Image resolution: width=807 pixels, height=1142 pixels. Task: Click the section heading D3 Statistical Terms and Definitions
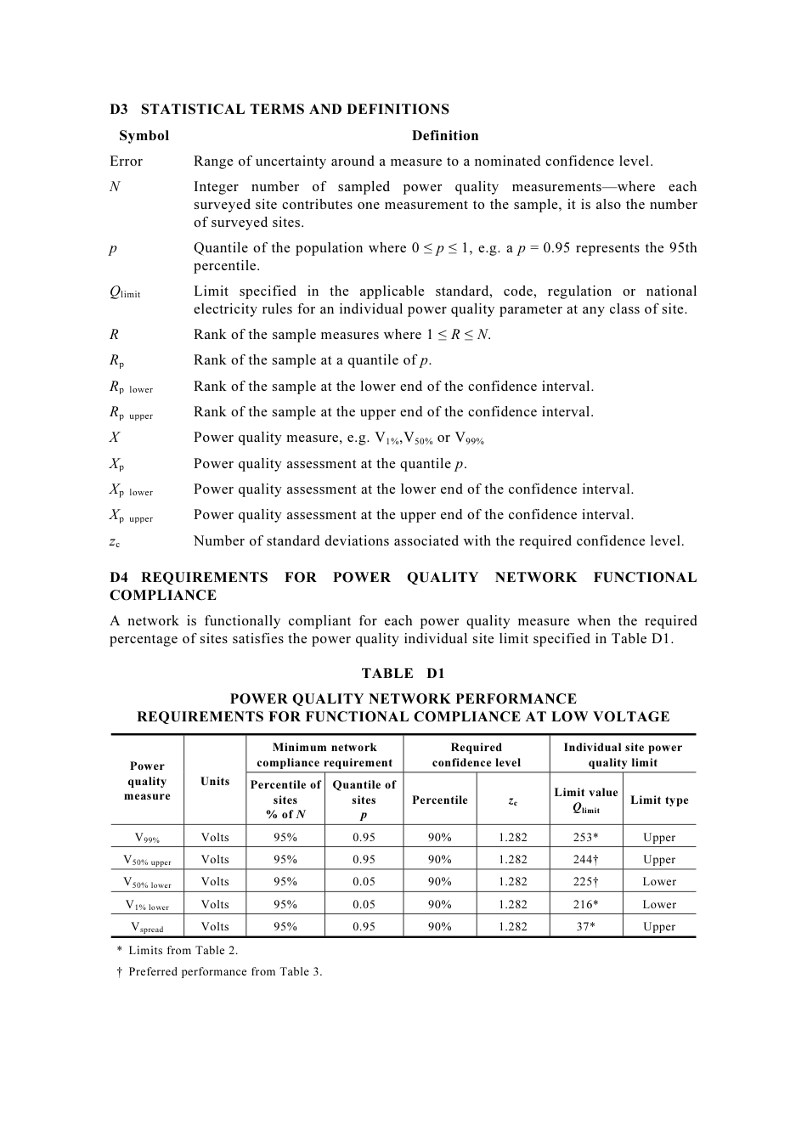click(x=279, y=109)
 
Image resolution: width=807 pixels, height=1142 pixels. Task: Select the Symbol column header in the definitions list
click(x=144, y=135)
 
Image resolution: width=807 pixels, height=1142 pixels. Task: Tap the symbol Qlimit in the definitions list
click(x=125, y=292)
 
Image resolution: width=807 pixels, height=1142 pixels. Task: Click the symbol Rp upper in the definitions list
click(x=131, y=413)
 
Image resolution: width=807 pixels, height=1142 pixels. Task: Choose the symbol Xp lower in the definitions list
click(x=131, y=490)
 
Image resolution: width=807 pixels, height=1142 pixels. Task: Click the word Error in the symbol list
click(x=126, y=161)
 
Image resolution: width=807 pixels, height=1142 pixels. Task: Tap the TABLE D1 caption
click(x=403, y=673)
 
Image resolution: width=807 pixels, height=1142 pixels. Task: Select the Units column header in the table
click(x=215, y=781)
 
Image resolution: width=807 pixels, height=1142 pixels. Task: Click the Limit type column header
click(x=659, y=800)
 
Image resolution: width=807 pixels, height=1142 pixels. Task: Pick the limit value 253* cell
click(x=586, y=837)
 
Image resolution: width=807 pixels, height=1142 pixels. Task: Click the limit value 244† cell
click(x=586, y=859)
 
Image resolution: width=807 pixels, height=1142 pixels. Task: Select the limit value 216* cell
click(x=586, y=904)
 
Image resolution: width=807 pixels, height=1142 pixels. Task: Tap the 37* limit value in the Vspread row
click(x=586, y=926)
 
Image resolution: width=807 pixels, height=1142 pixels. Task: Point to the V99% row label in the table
click(x=147, y=838)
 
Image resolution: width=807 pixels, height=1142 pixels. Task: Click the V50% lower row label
click(x=147, y=883)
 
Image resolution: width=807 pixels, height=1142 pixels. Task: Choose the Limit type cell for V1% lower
click(x=659, y=904)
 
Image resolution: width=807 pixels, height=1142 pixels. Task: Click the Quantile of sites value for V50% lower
click(x=364, y=881)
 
